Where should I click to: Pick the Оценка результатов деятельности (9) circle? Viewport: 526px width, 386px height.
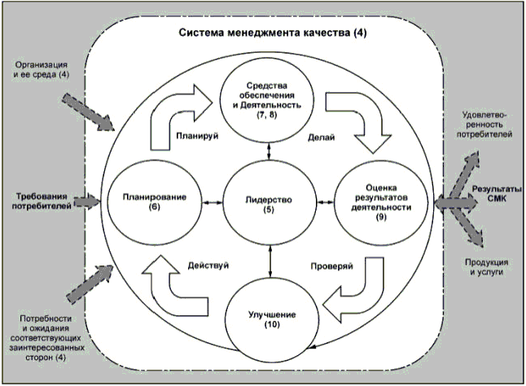coord(376,201)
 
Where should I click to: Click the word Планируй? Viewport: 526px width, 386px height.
coord(191,136)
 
